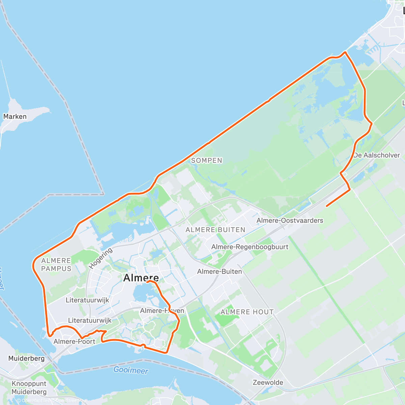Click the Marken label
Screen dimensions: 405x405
(15, 116)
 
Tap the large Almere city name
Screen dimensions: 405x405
(141, 278)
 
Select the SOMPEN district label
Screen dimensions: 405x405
(207, 161)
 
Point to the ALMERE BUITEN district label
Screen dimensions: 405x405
(215, 230)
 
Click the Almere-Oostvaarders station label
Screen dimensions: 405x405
(290, 220)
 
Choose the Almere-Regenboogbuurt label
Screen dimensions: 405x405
(250, 247)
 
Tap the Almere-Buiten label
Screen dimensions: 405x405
(219, 271)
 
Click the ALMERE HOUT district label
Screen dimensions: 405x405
(247, 312)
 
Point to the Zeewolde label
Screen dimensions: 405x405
(268, 382)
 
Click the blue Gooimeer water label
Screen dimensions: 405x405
(131, 370)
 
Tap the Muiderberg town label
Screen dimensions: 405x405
(26, 358)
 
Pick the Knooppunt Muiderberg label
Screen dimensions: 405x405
(29, 388)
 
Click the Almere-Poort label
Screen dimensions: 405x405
(74, 341)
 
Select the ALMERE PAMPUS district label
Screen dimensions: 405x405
(56, 265)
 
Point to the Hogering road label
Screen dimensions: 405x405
(100, 259)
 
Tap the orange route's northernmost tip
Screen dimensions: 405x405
(345, 52)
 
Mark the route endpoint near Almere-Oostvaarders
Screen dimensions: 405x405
(326, 206)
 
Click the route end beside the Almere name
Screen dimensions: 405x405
(147, 281)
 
